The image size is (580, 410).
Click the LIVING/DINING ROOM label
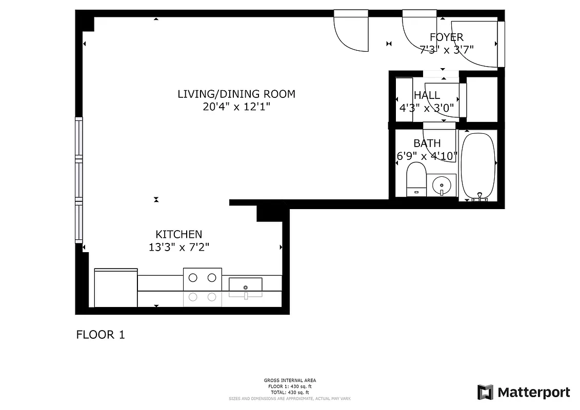point(236,94)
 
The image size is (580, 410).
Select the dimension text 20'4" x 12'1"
point(236,107)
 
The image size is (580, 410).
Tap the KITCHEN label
point(179,234)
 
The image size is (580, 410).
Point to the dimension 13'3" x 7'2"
point(179,247)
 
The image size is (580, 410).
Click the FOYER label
point(446,37)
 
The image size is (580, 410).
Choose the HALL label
point(427,95)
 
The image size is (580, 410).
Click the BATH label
point(427,143)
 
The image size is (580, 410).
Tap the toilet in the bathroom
point(416,179)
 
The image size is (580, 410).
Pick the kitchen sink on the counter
point(246,287)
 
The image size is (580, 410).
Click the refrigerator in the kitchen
point(116,288)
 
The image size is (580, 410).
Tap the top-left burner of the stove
point(193,278)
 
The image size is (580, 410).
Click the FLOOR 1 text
point(101,335)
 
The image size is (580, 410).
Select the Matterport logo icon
point(485,392)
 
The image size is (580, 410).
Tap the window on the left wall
point(78,179)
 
